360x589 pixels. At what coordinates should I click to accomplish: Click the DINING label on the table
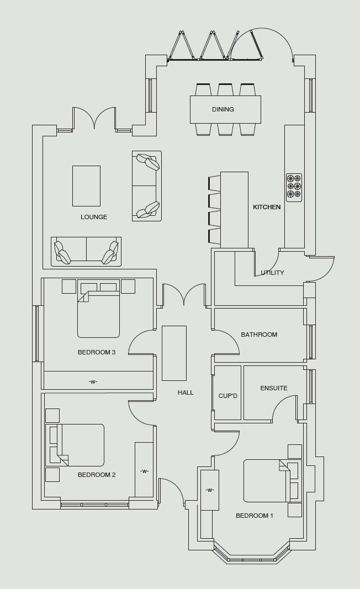[223, 109]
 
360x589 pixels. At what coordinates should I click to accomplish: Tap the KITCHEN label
[267, 207]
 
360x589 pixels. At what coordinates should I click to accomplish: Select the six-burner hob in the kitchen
[294, 188]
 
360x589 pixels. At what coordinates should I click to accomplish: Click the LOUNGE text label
[94, 217]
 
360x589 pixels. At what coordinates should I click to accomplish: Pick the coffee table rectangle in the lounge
[87, 186]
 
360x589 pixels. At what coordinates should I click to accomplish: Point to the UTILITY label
[272, 273]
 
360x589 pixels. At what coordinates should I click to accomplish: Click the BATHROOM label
[260, 335]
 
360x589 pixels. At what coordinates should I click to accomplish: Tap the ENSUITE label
[274, 388]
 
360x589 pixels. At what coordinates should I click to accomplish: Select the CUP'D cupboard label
[228, 396]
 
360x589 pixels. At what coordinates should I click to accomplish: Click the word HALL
[186, 392]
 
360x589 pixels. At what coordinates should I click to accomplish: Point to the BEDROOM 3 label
[97, 352]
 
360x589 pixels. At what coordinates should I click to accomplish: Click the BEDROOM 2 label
[97, 475]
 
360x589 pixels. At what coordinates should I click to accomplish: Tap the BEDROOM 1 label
[255, 516]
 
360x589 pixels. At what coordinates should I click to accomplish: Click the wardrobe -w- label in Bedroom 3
[93, 381]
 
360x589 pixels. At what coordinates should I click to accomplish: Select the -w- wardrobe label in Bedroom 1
[210, 490]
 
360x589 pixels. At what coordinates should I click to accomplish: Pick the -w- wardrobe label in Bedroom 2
[144, 471]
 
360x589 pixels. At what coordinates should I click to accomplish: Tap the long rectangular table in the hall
[174, 353]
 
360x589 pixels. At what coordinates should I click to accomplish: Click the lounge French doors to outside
[94, 118]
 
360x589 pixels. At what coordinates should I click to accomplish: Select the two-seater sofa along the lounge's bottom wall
[86, 251]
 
